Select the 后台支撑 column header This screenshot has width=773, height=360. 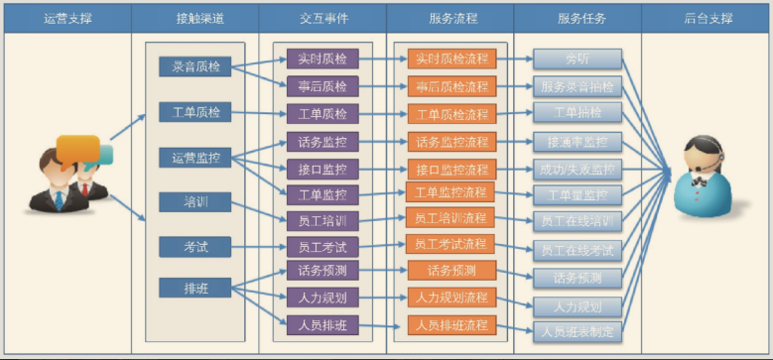point(707,18)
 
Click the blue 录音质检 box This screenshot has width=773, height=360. point(195,66)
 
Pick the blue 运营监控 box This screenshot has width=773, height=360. point(195,157)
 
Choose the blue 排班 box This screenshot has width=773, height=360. point(195,289)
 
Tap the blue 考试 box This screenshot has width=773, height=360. point(195,245)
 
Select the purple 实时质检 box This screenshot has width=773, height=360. point(322,59)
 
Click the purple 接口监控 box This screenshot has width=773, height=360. point(322,169)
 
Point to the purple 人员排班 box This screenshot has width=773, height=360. point(322,324)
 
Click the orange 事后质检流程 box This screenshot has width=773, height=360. point(451,86)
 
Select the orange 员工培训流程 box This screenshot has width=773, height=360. point(451,217)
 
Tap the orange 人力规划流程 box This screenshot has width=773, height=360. point(451,297)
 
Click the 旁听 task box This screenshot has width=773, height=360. point(578,59)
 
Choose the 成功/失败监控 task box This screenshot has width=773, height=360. point(578,169)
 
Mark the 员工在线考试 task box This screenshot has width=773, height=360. point(578,249)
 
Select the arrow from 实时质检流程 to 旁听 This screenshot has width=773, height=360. point(513,59)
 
